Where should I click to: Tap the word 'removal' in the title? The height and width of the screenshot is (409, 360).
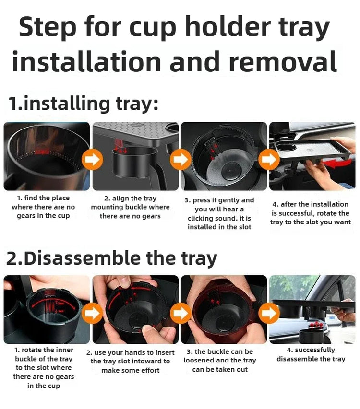pyautogui.click(x=282, y=61)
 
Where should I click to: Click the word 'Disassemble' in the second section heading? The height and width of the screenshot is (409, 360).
pyautogui.click(x=83, y=258)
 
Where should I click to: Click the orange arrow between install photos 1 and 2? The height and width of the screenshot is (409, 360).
pyautogui.click(x=92, y=159)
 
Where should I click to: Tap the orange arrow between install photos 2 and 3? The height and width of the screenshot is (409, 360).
pyautogui.click(x=180, y=159)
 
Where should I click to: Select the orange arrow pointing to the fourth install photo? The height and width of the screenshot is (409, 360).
pyautogui.click(x=269, y=159)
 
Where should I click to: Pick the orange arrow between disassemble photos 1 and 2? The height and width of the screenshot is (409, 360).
pyautogui.click(x=92, y=313)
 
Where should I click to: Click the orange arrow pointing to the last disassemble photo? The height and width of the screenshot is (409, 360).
pyautogui.click(x=269, y=313)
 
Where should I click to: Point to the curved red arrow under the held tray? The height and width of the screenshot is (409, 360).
pyautogui.click(x=337, y=164)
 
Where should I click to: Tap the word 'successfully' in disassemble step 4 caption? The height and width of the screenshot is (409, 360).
pyautogui.click(x=315, y=350)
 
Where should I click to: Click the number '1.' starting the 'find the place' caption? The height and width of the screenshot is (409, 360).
pyautogui.click(x=20, y=198)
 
